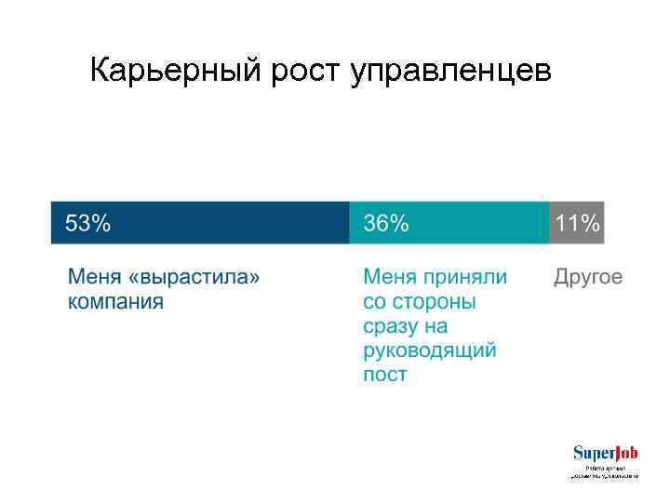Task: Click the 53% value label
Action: point(87,223)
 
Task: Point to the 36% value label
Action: point(385,223)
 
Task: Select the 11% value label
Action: point(577,223)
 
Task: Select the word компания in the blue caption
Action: point(115,301)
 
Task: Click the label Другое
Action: point(588,277)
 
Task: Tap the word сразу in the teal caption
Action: point(392,326)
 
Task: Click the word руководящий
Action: point(429,350)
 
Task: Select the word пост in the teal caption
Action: point(384,375)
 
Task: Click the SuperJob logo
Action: point(604,454)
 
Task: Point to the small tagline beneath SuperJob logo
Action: point(604,471)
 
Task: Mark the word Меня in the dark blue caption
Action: point(94,277)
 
